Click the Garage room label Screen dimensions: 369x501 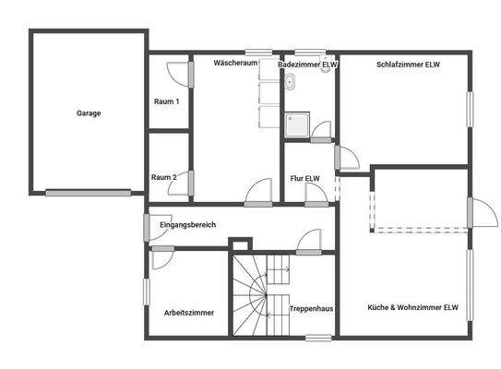89,113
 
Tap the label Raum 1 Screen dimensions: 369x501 166,101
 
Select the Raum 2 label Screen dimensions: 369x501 166,176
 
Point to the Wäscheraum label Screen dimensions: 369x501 233,65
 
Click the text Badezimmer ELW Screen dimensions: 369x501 308,65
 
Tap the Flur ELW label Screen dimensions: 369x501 305,178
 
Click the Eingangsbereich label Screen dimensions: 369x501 187,225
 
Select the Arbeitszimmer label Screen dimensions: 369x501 189,313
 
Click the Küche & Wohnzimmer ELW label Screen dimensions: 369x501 413,307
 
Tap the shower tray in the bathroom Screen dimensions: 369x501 297,125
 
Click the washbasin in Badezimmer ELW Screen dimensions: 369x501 290,83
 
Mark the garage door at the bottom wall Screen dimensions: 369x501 88,193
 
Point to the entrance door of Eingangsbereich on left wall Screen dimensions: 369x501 146,226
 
